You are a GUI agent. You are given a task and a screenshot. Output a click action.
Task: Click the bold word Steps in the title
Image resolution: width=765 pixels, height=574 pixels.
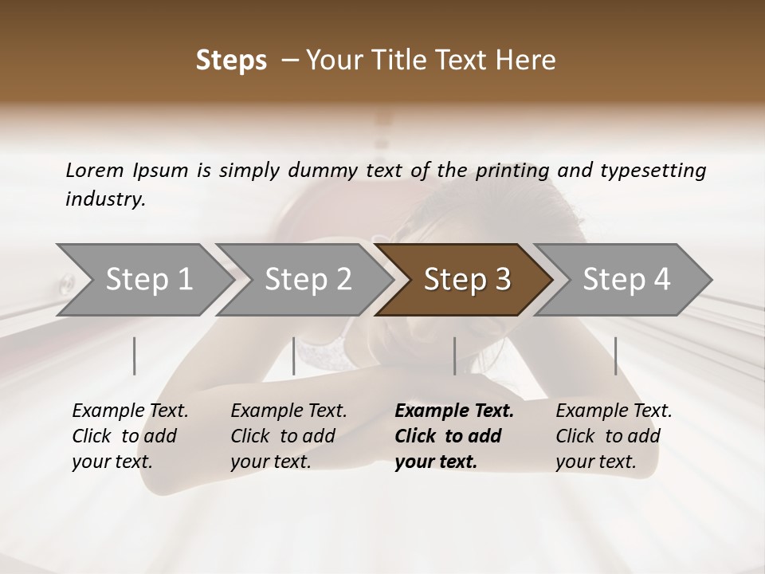coord(231,61)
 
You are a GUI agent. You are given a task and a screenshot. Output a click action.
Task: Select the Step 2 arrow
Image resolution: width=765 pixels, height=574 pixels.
coord(307,280)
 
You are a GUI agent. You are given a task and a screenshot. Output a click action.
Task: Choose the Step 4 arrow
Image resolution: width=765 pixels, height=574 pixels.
coord(626,280)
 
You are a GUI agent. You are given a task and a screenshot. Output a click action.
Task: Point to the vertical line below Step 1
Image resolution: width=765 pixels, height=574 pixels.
coord(135,356)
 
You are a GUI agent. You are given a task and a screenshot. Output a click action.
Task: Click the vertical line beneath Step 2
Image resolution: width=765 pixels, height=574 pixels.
coord(294,356)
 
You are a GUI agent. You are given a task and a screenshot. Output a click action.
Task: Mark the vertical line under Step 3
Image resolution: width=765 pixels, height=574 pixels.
coord(455,356)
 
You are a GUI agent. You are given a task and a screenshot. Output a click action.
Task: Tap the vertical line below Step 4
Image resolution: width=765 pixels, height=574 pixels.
coord(615,356)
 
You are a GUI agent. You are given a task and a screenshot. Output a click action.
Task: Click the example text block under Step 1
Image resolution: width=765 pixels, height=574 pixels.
coord(130,436)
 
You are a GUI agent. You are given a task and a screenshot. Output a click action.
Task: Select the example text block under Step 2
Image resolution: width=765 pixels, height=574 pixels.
coord(288,436)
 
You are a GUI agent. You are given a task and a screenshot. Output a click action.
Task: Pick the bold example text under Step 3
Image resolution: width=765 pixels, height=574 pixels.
coord(454,436)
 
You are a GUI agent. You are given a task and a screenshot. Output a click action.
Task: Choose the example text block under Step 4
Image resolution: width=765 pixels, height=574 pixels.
coord(614,436)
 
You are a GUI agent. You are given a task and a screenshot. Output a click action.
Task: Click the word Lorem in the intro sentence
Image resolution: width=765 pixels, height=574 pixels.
coord(94,171)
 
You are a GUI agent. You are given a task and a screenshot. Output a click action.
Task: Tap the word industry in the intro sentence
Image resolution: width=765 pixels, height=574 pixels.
coord(104,199)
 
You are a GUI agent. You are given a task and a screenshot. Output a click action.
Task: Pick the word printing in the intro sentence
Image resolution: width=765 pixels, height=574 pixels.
coord(511,171)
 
